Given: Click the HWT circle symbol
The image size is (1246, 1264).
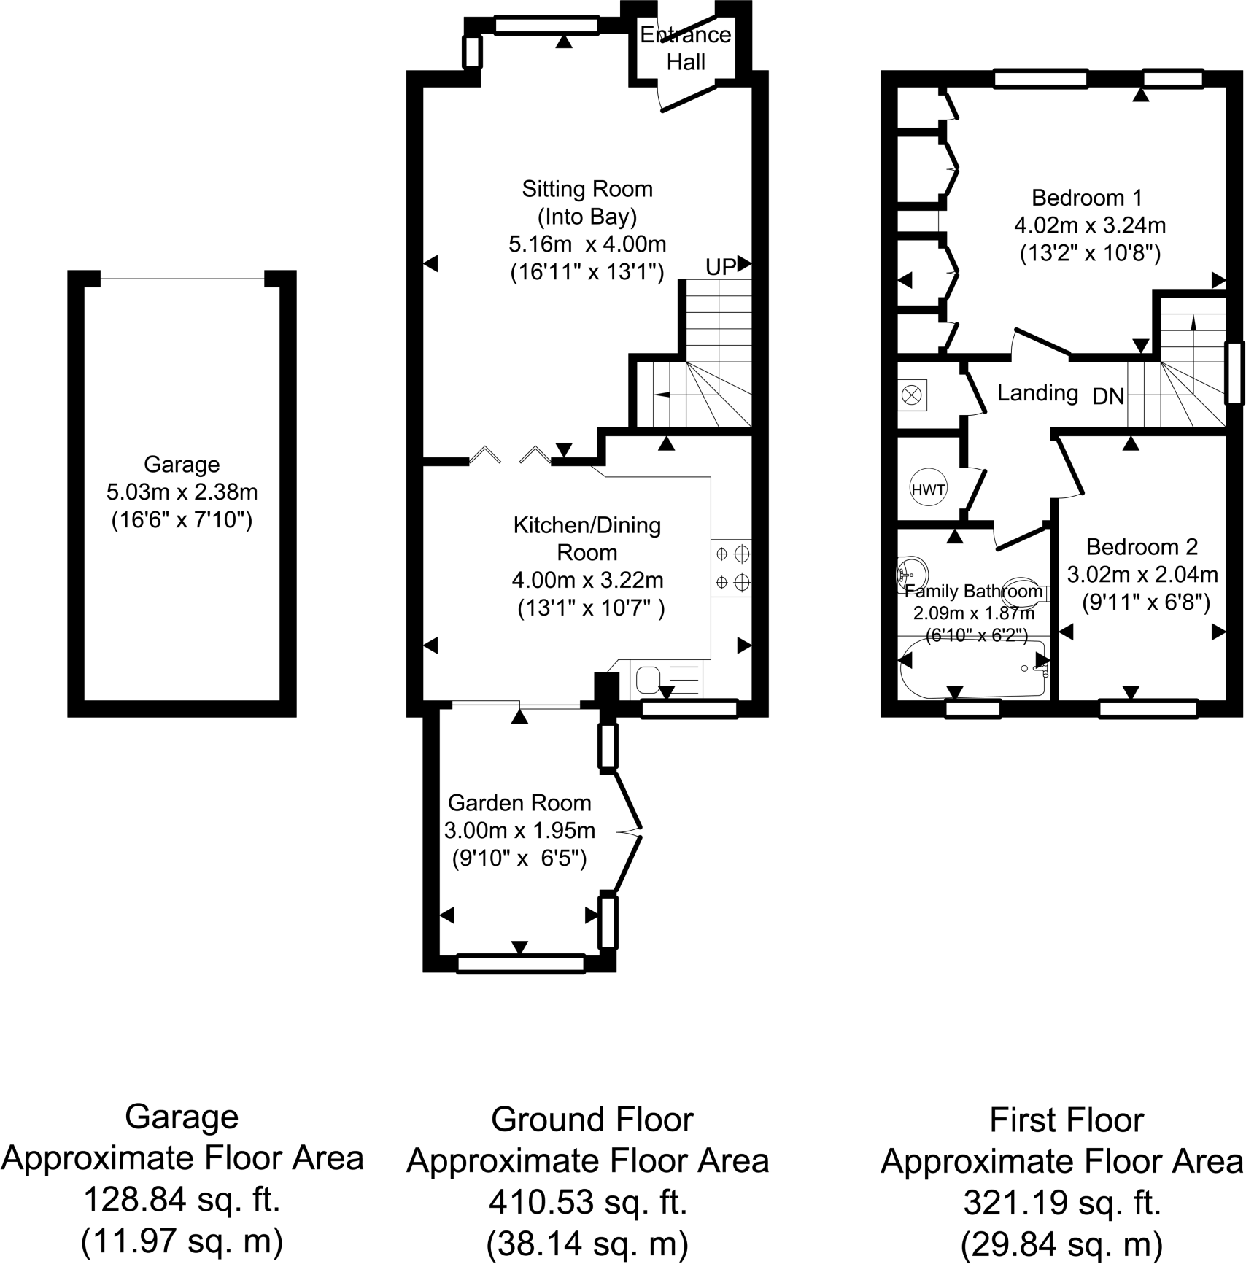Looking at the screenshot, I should (928, 489).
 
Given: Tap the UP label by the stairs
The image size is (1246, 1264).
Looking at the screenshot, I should (720, 268).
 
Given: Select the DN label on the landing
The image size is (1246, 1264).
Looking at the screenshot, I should (1108, 397).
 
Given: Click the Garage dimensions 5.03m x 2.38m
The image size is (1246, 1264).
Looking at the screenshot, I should (182, 492).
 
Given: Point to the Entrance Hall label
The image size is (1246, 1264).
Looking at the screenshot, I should (686, 48).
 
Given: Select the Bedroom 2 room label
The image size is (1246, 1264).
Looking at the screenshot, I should (1142, 546).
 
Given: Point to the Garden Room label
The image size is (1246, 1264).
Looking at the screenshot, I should (519, 803).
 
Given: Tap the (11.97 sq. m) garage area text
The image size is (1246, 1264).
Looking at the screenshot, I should (182, 1240).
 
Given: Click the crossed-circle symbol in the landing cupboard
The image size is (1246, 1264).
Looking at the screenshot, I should (912, 395).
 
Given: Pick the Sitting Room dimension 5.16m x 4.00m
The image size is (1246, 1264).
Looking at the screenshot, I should (587, 244).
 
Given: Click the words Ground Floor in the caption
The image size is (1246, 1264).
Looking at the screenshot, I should (592, 1120).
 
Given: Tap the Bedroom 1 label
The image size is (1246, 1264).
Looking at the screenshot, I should (1087, 198).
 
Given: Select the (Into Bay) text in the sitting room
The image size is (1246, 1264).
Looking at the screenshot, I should (587, 217).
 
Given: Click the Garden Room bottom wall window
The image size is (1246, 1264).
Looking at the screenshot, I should (521, 963).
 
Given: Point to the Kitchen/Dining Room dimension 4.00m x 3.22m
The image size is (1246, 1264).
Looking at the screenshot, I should (587, 581).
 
